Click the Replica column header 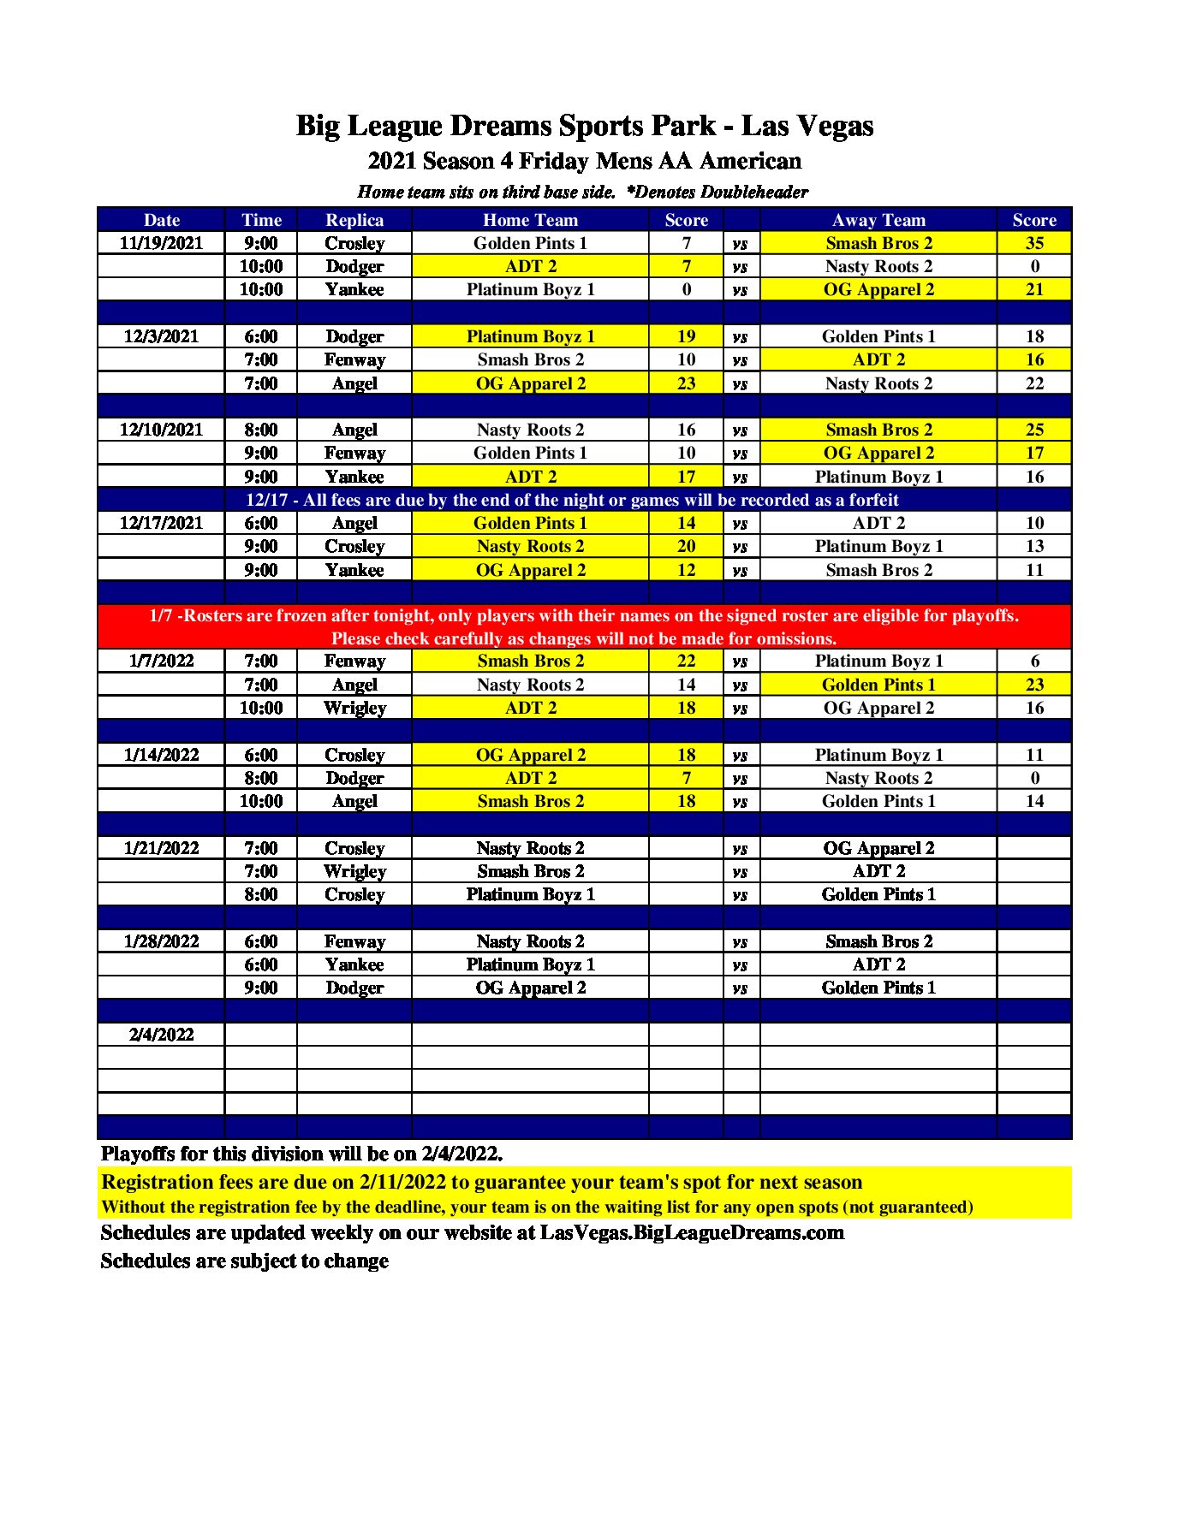(x=354, y=220)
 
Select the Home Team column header (x=530, y=220)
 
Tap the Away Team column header (x=878, y=220)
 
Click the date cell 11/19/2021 (x=161, y=243)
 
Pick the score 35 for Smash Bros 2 (x=1034, y=243)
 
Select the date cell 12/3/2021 (x=161, y=336)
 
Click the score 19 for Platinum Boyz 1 (x=686, y=336)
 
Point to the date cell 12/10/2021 (x=161, y=430)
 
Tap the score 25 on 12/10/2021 (x=1034, y=430)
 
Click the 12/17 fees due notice (x=572, y=500)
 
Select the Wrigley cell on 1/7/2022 (x=354, y=708)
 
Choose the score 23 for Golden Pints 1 (x=1034, y=685)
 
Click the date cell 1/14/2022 (x=161, y=755)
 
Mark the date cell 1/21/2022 (x=161, y=848)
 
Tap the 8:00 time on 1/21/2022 (x=260, y=894)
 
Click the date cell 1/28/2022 (x=161, y=941)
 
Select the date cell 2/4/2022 (x=161, y=1035)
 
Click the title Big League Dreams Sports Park (x=584, y=126)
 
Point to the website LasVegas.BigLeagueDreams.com (x=692, y=1233)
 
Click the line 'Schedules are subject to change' (x=245, y=1261)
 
